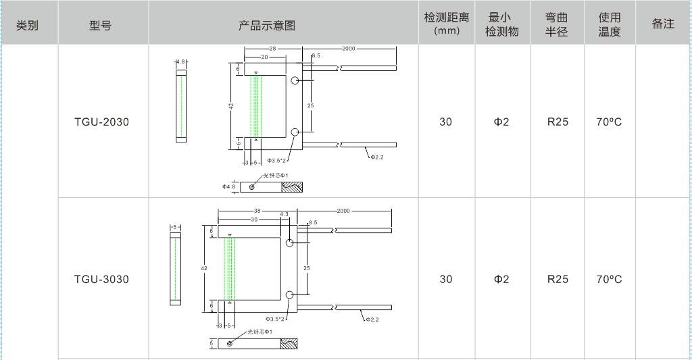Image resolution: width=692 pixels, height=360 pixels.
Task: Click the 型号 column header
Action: click(x=100, y=26)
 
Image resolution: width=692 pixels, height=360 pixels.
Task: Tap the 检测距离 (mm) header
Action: click(x=446, y=24)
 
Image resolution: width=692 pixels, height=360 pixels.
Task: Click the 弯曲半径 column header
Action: click(x=556, y=24)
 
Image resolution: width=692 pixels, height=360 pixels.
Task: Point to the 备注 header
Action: click(x=663, y=24)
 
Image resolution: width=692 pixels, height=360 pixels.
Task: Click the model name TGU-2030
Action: click(x=101, y=122)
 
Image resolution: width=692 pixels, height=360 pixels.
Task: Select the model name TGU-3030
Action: click(x=101, y=280)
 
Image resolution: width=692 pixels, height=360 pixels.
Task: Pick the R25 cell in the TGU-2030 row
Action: click(x=558, y=122)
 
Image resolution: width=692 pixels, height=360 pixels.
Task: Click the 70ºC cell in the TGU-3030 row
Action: click(x=610, y=280)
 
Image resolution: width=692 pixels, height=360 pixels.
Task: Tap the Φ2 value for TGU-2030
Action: click(x=501, y=122)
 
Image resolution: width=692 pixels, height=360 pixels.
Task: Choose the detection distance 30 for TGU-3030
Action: click(x=446, y=280)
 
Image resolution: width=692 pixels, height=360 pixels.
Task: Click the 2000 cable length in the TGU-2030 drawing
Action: click(x=349, y=49)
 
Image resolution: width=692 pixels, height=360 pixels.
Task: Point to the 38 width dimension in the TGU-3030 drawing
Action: click(x=257, y=211)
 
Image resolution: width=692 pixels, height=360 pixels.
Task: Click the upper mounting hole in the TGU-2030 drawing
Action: click(x=295, y=81)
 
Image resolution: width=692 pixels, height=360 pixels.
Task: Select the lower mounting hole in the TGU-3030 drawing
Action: click(x=290, y=294)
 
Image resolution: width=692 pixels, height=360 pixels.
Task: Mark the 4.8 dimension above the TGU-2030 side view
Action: click(x=180, y=61)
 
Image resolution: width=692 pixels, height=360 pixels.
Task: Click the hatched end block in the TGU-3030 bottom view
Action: click(x=289, y=344)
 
